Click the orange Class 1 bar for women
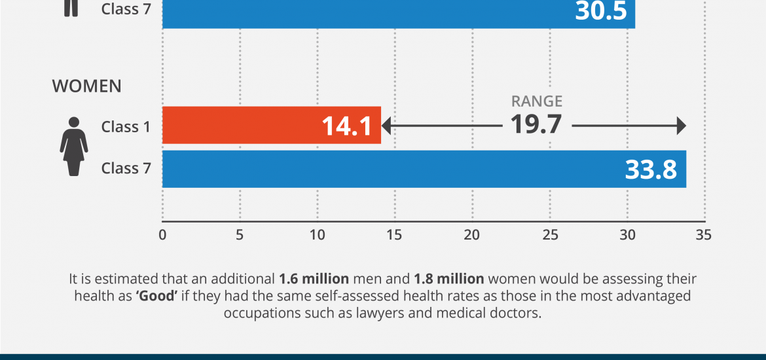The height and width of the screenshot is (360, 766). coord(249,125)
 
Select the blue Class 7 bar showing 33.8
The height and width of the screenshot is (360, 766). coord(393,169)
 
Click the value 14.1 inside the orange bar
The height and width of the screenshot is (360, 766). coord(347,126)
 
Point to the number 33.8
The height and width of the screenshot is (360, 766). coord(651,170)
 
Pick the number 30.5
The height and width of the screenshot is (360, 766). coord(601,11)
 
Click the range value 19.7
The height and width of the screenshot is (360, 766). coord(536,124)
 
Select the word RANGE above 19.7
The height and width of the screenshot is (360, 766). coord(536,101)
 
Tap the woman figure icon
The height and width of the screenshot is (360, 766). coord(73,146)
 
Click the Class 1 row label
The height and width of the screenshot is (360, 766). coord(126,127)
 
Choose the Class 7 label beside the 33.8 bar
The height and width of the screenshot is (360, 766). coord(126,168)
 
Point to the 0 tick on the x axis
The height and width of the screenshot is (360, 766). coord(162,234)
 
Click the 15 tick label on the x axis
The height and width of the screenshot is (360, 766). coord(394,234)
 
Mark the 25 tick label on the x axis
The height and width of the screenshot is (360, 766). coord(549,234)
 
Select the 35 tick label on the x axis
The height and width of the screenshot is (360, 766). coord(704,234)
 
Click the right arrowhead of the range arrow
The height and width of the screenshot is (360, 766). coord(681,126)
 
